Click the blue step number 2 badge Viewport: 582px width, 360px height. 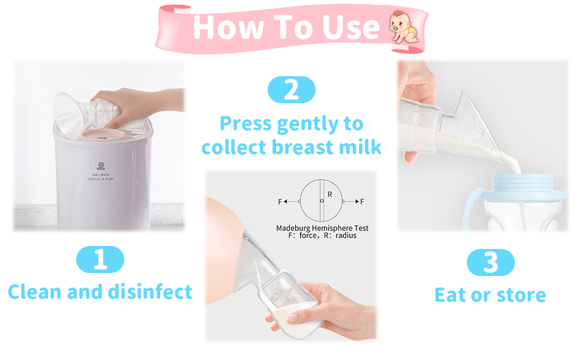(291, 90)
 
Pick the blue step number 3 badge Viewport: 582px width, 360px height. (490, 263)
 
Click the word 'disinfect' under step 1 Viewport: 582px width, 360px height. (151, 292)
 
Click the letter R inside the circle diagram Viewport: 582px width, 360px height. (330, 194)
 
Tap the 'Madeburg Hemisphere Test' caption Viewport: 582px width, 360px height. (322, 228)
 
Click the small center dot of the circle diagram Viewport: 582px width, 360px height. (322, 200)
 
